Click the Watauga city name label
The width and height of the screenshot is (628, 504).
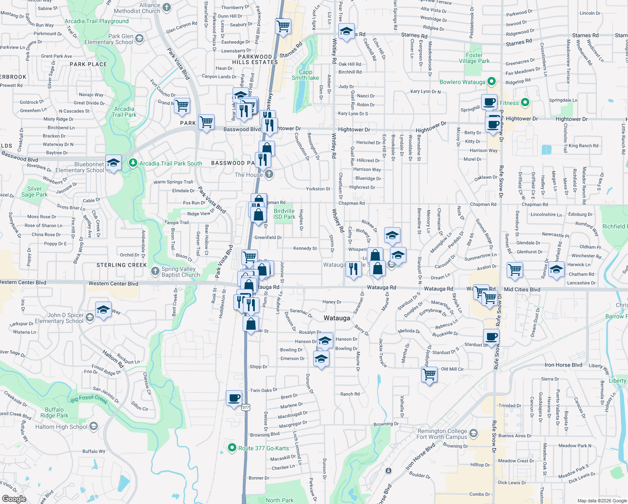tap(337, 318)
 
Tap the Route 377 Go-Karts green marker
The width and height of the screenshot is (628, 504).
tap(232, 448)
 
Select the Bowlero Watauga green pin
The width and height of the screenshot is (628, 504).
tap(492, 81)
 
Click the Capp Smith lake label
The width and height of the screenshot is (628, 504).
tap(305, 75)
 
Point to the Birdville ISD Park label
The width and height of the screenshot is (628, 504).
tap(284, 214)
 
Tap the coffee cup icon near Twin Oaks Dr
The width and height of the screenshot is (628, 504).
tap(234, 397)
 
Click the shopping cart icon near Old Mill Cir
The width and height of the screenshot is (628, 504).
tap(429, 373)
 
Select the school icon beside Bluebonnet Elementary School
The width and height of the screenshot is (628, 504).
tap(113, 162)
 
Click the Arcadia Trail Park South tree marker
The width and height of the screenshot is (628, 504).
tap(133, 163)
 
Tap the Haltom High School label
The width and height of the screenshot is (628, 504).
tap(61, 427)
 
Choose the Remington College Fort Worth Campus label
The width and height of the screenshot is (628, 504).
tap(442, 434)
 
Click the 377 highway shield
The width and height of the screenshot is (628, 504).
tap(246, 407)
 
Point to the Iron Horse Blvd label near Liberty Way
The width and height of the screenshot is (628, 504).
tap(563, 365)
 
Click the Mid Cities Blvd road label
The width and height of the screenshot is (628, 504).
tap(522, 289)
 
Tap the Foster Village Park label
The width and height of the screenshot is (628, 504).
tap(474, 58)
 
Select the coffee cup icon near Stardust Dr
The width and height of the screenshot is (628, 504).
tap(491, 336)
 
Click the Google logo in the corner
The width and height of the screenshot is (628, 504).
tap(14, 499)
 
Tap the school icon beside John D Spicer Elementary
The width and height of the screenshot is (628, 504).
tap(103, 310)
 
